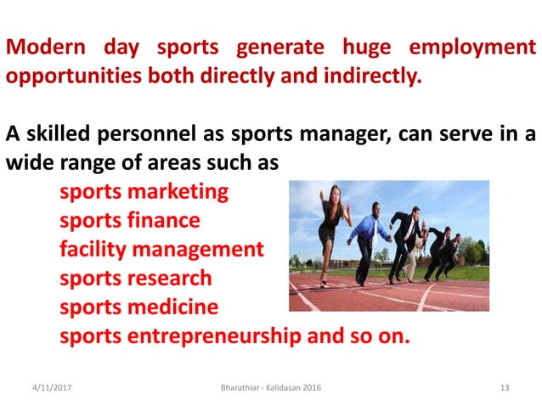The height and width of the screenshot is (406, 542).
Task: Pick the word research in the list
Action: coord(169,278)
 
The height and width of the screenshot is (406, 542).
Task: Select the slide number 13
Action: coord(504,387)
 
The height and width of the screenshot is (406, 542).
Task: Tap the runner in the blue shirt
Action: coord(367,234)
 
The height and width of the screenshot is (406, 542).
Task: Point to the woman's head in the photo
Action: coord(336,194)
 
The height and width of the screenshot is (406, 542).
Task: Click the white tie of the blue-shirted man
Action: coord(375,228)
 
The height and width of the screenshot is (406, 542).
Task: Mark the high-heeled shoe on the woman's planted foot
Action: coord(324,282)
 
